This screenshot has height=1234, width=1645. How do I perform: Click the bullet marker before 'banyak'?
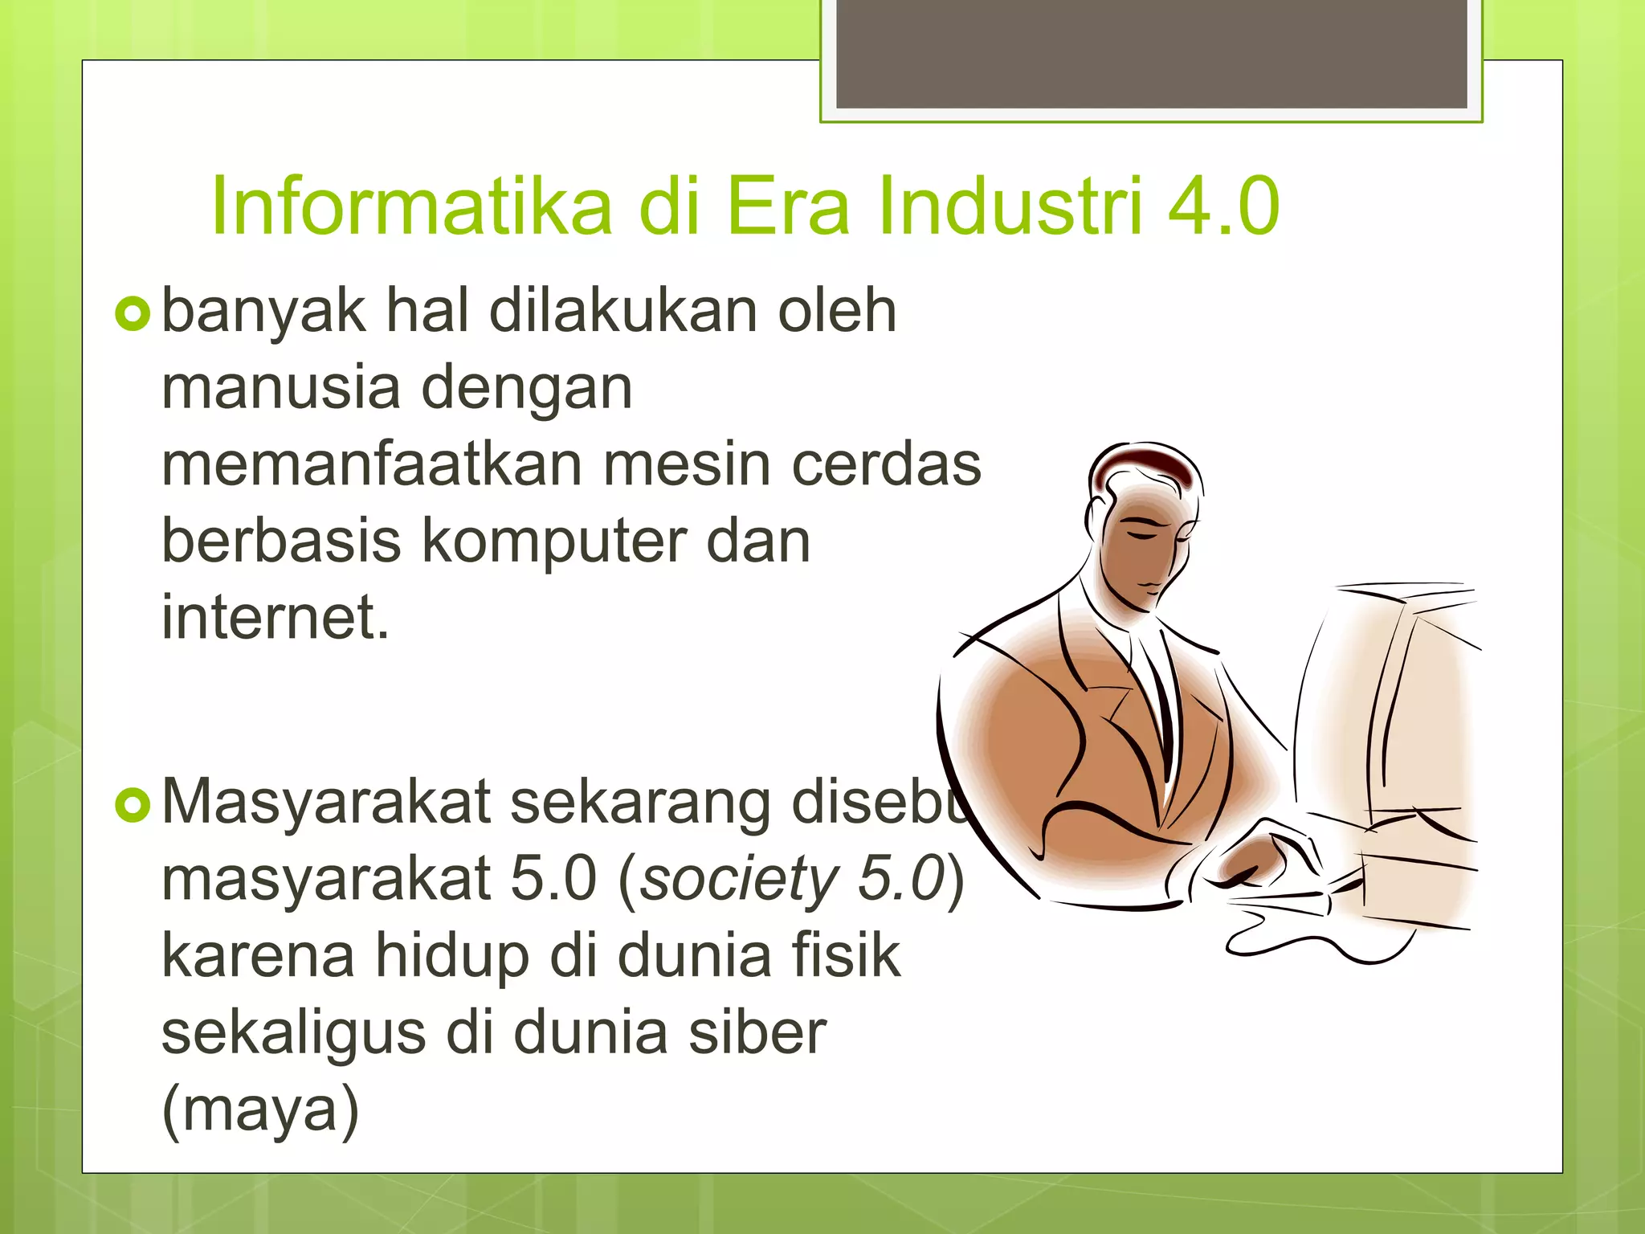133,314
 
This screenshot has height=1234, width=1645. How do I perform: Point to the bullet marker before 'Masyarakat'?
133,806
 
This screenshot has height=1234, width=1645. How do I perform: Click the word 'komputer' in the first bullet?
553,542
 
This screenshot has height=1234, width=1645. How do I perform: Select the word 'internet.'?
276,617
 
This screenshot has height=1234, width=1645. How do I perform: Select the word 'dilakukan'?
622,311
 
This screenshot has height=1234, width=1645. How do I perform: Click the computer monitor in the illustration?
1390,723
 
